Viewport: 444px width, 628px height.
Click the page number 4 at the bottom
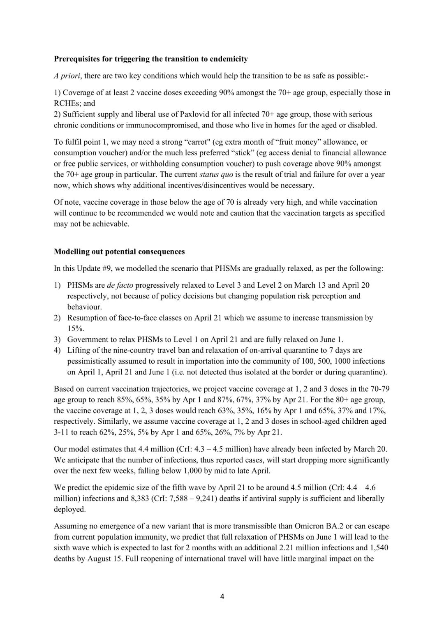222,597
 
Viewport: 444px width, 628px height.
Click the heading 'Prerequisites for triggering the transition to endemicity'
151,59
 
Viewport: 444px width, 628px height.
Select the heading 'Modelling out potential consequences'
119,252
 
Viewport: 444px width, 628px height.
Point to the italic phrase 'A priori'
66,76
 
